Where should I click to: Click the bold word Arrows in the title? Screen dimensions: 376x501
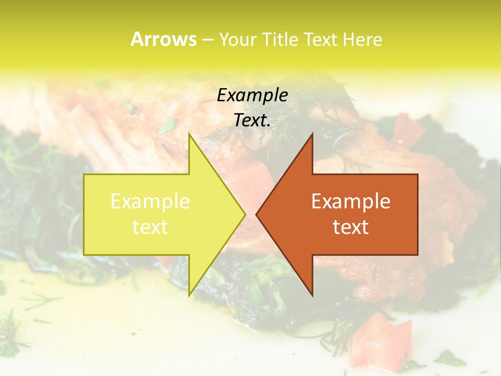click(x=163, y=39)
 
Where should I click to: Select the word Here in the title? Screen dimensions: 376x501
click(x=363, y=40)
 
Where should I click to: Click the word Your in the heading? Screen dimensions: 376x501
click(x=237, y=40)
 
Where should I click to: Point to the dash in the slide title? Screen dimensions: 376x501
click(x=207, y=40)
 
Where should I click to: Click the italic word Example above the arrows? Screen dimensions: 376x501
click(x=253, y=96)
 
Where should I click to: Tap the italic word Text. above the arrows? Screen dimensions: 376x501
click(x=253, y=121)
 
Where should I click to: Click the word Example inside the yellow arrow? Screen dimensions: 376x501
click(x=150, y=202)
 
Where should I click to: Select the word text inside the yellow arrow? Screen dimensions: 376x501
click(x=150, y=227)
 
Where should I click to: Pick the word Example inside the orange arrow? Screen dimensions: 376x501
click(x=351, y=202)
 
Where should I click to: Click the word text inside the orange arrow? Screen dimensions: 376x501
click(x=351, y=227)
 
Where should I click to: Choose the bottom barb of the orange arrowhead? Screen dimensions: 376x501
click(x=312, y=293)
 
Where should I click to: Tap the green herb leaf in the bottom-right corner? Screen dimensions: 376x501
click(x=449, y=359)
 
